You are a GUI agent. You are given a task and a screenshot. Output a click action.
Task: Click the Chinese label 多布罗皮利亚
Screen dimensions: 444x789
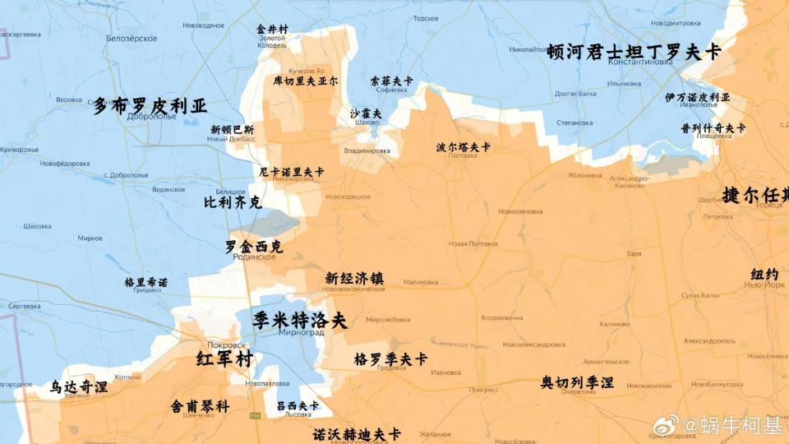(150, 106)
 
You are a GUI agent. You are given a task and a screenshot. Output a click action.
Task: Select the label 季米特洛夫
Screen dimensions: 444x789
(300, 320)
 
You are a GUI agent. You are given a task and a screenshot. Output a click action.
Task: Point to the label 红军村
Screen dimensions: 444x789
(224, 359)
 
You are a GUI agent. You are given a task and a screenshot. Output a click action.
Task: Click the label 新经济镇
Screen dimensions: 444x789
(354, 278)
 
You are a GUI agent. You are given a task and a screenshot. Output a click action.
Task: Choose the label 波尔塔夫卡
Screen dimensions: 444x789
(463, 147)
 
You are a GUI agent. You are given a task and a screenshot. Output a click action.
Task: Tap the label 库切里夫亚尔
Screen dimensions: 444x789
(306, 81)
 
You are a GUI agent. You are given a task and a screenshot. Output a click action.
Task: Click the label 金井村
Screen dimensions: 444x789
(272, 29)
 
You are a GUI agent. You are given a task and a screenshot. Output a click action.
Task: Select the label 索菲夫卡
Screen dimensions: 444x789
(391, 81)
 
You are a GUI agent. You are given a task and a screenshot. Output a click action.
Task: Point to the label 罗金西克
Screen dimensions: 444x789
(253, 246)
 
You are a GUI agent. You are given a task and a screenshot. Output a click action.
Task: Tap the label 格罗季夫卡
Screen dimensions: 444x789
(390, 359)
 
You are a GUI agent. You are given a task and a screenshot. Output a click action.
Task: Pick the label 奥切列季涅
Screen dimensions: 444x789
(577, 382)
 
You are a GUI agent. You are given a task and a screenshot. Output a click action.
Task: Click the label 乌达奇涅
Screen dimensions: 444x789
(79, 386)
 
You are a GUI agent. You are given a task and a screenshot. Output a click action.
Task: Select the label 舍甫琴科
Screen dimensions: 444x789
(200, 406)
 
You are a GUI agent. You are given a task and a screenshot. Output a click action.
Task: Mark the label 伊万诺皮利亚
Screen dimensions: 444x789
(697, 97)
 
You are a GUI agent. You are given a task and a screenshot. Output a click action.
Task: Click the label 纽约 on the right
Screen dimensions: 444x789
(764, 274)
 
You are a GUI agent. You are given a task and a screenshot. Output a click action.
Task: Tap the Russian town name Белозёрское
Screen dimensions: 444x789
(131, 39)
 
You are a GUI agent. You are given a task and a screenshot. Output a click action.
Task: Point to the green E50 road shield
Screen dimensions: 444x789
(256, 416)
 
